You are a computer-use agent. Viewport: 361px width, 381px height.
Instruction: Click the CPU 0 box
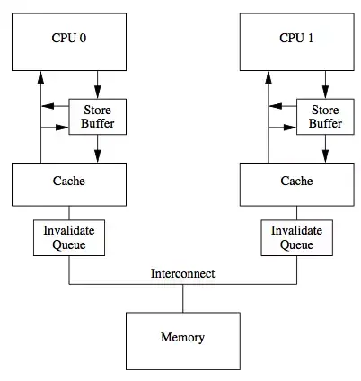(x=69, y=39)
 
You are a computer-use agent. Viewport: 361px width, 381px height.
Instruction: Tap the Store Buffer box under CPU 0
(x=92, y=117)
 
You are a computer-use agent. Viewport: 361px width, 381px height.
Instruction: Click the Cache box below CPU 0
(x=69, y=182)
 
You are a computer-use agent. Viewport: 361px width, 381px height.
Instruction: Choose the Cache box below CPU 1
(x=297, y=182)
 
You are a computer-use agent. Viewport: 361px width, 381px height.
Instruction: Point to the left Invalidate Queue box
(x=69, y=236)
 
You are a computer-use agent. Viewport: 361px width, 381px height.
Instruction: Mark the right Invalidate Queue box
(x=297, y=236)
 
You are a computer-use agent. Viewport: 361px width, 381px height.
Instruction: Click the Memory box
(x=182, y=338)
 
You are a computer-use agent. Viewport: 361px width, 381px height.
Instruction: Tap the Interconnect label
(x=183, y=273)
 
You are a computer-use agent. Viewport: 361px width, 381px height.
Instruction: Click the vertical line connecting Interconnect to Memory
(x=183, y=298)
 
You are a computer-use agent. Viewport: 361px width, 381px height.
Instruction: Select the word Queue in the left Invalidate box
(x=69, y=244)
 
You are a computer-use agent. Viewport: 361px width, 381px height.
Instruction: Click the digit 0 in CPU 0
(x=84, y=39)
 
